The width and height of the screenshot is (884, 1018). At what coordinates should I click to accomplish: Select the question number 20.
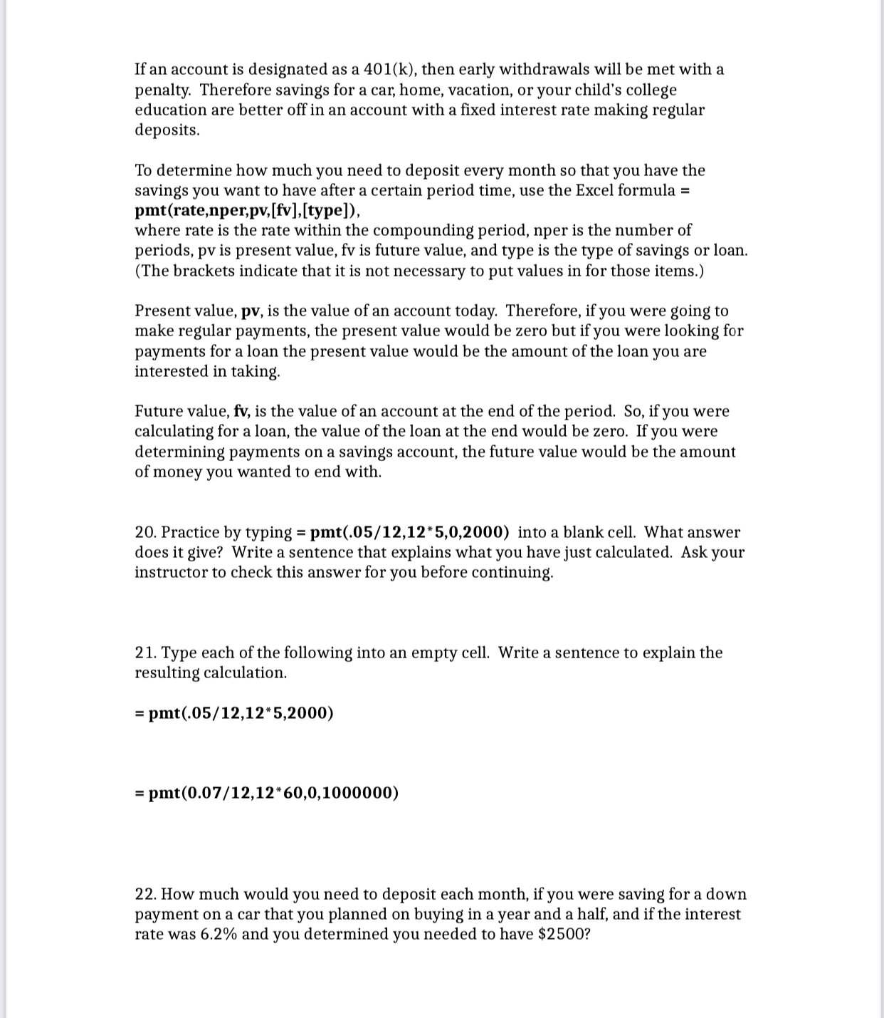click(145, 533)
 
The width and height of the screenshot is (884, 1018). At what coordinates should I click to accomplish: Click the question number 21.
click(145, 653)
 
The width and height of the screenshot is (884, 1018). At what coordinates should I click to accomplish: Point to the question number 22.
click(145, 895)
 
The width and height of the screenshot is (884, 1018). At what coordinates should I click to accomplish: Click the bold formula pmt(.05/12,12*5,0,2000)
click(409, 533)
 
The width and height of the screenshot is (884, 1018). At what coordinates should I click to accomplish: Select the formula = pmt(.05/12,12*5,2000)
click(234, 714)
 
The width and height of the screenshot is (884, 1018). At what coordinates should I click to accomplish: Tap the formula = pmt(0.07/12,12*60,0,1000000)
click(267, 794)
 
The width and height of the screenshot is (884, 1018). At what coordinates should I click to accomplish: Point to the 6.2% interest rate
click(214, 935)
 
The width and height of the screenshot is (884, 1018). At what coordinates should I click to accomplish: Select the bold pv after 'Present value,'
click(251, 312)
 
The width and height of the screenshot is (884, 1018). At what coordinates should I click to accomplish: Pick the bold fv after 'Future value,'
click(242, 412)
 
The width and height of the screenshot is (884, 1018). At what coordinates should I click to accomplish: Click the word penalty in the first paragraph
click(163, 90)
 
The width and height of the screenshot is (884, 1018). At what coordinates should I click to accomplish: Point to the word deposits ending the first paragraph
click(167, 130)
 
